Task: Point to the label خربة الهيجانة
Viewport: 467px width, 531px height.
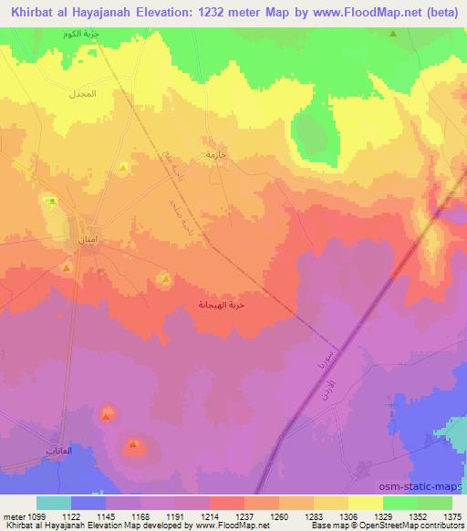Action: (223, 305)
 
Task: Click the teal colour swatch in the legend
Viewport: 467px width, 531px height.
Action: (54, 503)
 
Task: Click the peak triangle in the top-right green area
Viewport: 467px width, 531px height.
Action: (393, 34)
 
